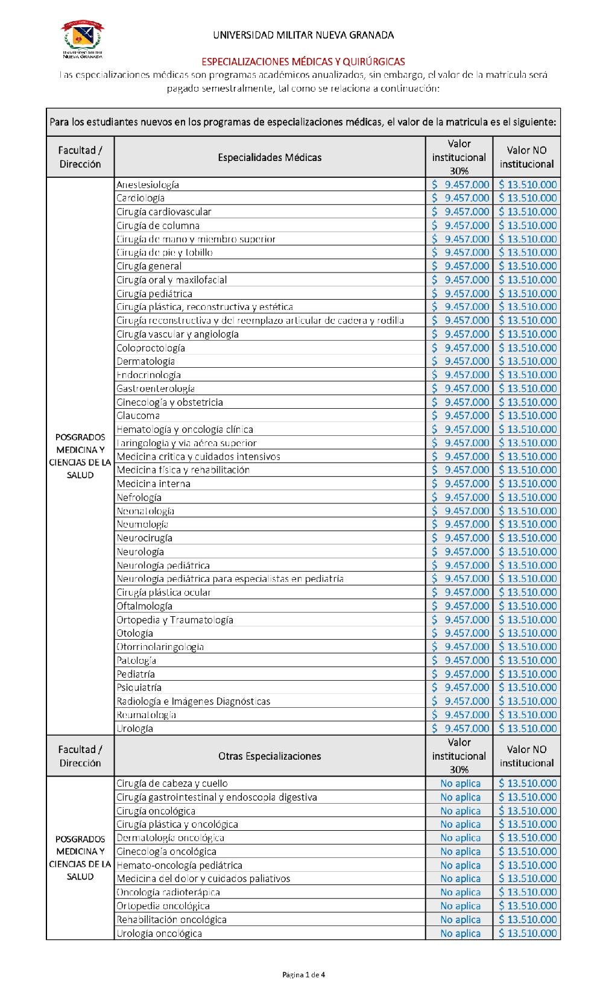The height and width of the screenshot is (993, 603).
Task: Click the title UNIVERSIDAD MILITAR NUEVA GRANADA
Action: [303, 35]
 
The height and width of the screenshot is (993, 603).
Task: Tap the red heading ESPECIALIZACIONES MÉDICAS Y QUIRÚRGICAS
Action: [303, 61]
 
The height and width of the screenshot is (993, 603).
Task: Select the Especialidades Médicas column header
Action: [270, 157]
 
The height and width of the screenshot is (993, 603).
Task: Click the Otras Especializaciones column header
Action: [270, 756]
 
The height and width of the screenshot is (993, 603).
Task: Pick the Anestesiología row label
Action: [148, 184]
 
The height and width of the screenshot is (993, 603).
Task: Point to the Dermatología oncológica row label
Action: [171, 838]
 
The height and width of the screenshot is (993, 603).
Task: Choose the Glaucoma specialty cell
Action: [138, 415]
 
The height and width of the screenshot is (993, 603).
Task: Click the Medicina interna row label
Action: [154, 484]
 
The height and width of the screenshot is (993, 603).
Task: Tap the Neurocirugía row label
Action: [145, 538]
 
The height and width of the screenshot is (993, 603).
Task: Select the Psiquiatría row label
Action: [139, 687]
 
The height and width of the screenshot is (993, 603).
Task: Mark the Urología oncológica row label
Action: [159, 933]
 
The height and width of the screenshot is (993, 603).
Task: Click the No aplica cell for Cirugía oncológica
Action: [460, 811]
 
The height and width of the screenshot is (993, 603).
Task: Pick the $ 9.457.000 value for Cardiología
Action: [461, 198]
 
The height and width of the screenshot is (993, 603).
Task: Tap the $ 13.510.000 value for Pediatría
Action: [527, 674]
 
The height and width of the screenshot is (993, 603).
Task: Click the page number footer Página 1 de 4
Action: [304, 974]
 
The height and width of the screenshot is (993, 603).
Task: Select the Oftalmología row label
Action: [145, 606]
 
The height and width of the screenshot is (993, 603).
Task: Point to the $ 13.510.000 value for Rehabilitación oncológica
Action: [527, 919]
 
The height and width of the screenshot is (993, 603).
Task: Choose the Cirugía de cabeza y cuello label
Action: [172, 784]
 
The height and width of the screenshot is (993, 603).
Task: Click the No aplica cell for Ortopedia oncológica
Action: [460, 906]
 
